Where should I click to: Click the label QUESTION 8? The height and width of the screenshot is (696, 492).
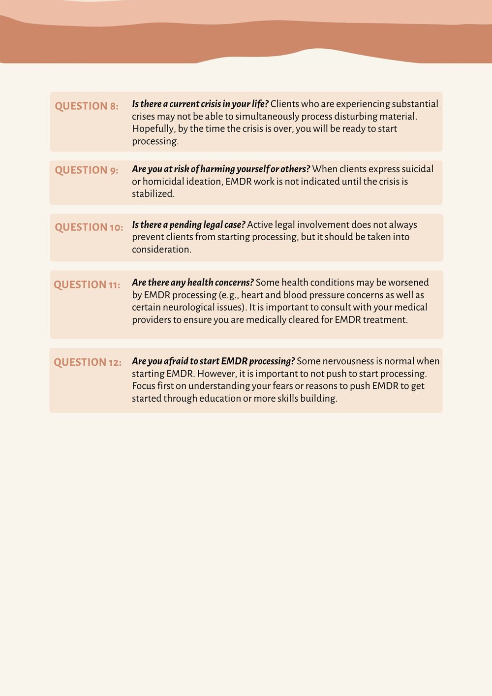(87, 106)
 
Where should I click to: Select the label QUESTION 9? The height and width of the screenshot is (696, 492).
(87, 170)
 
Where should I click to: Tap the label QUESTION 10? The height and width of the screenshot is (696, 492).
(89, 227)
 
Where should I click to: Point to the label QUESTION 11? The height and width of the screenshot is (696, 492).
(87, 285)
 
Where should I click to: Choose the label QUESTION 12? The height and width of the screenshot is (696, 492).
(88, 363)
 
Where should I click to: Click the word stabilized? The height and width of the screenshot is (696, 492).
(153, 194)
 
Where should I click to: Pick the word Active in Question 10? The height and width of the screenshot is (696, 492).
(259, 225)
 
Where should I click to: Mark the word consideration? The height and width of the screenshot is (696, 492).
(161, 250)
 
